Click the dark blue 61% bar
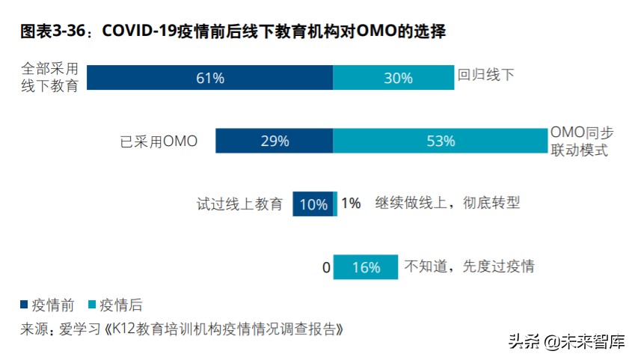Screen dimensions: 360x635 (x=210, y=78)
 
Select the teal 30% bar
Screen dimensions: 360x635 (x=393, y=78)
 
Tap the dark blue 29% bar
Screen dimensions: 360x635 (x=274, y=141)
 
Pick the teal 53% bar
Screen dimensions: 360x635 (x=440, y=141)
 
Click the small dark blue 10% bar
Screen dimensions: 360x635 (x=313, y=204)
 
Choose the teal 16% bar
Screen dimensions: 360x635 (x=366, y=267)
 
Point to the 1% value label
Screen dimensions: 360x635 (x=351, y=203)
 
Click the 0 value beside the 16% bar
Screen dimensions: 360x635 (x=326, y=267)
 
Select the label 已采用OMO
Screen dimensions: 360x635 (x=159, y=141)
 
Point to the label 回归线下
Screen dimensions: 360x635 (x=486, y=75)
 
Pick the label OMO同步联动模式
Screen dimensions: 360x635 (x=582, y=141)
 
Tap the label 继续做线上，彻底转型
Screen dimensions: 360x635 (x=447, y=203)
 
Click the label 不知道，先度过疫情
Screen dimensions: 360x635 (x=469, y=266)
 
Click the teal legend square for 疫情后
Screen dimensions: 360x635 (x=93, y=305)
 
